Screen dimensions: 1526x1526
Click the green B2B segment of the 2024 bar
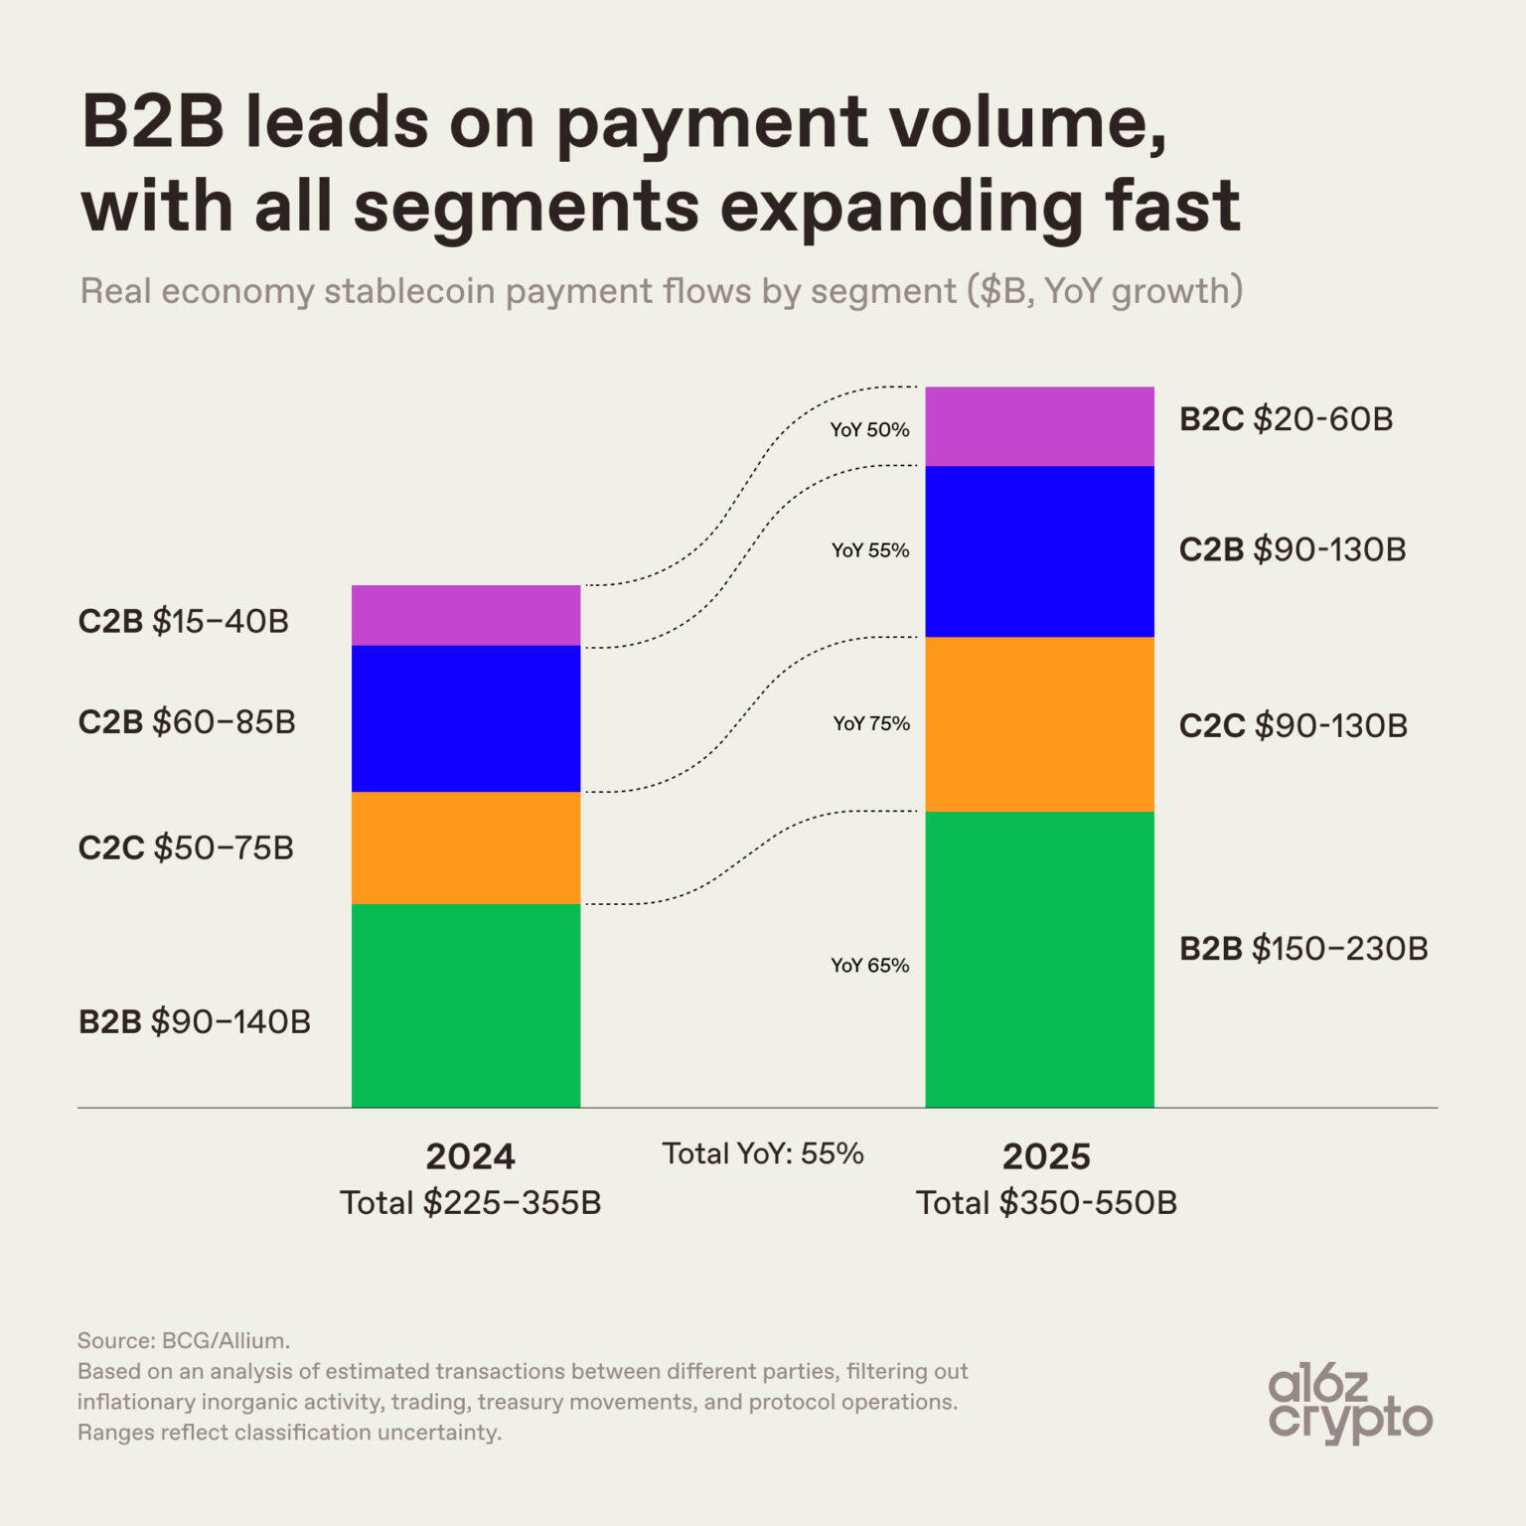[466, 1004]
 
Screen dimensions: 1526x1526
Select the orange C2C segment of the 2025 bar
[1039, 724]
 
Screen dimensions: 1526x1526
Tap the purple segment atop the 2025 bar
[1039, 426]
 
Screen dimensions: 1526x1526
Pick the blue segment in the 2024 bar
[466, 718]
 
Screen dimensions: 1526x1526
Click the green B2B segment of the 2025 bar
[1039, 959]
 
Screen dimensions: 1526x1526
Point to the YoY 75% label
[871, 723]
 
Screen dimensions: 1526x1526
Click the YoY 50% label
[870, 430]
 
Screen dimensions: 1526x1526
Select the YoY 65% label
[870, 966]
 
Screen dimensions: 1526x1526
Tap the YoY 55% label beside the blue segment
[870, 550]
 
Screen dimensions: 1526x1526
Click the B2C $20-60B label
[1286, 419]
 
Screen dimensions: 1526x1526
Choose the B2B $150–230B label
[1303, 949]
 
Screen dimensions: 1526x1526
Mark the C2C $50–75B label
[186, 848]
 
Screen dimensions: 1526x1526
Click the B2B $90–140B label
[195, 1021]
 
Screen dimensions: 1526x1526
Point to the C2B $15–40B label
[184, 622]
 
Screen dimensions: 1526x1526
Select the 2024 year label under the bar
[470, 1156]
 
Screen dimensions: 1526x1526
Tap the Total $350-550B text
[1046, 1203]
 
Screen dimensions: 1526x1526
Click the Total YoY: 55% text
[763, 1153]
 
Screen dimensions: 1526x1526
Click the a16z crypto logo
[1349, 1403]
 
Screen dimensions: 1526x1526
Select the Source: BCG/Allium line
[184, 1340]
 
